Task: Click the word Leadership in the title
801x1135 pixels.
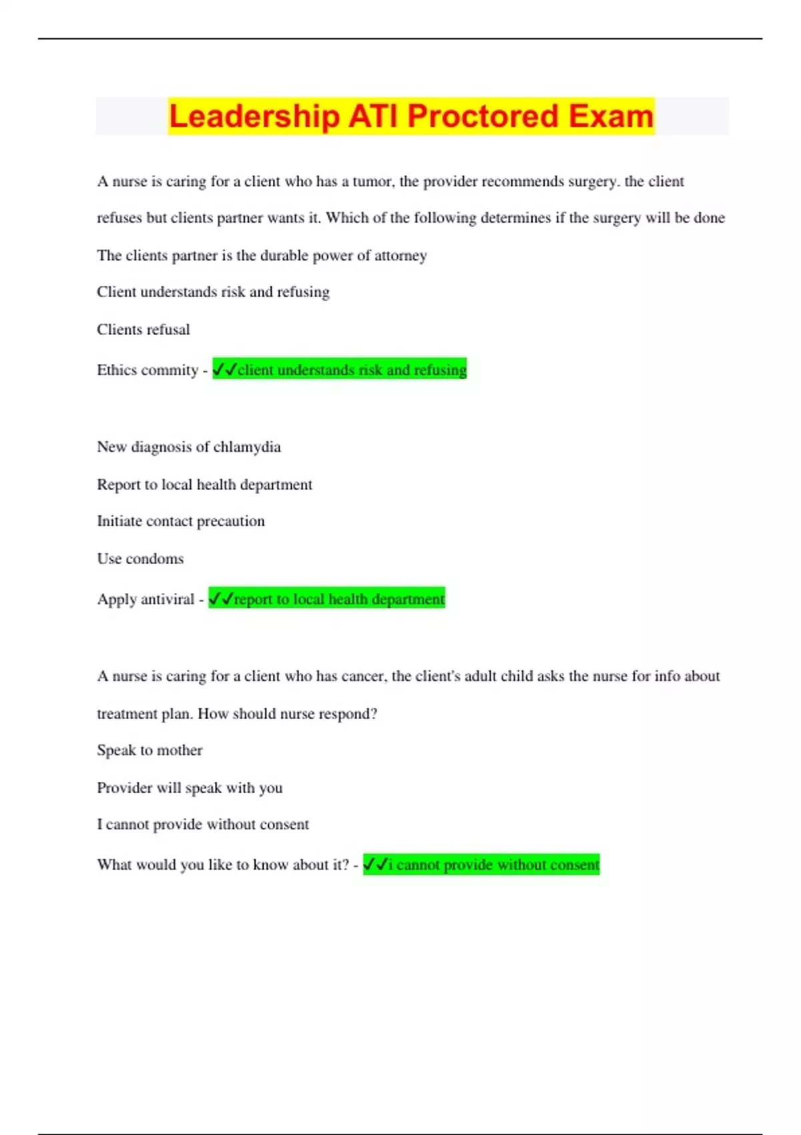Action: [x=254, y=116]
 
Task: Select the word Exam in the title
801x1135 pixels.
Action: [x=611, y=116]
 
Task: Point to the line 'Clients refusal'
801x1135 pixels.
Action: [x=144, y=330]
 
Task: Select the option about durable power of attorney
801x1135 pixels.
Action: [x=262, y=256]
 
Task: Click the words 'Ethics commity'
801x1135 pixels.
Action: [x=148, y=371]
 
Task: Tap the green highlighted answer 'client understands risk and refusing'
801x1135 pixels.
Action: [x=340, y=370]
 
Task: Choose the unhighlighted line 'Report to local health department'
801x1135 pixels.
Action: [x=204, y=485]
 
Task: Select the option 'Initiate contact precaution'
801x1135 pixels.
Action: [x=181, y=521]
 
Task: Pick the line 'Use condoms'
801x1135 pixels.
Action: [x=140, y=559]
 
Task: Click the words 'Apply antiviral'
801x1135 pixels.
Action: [x=146, y=600]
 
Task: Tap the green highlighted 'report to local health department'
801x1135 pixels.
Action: [x=327, y=599]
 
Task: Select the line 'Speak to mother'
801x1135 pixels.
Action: [x=150, y=750]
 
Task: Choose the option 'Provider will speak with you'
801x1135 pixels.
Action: [x=190, y=788]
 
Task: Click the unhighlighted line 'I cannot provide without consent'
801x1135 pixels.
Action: [x=203, y=825]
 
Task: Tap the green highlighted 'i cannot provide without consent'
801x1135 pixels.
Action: [x=481, y=865]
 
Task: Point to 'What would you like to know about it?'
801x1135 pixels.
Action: [x=223, y=865]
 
